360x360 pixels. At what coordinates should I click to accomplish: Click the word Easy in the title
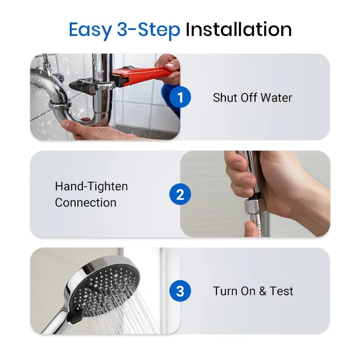[x=90, y=30]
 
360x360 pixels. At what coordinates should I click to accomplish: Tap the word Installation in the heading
[x=238, y=30]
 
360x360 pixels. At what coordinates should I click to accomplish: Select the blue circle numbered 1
[x=180, y=97]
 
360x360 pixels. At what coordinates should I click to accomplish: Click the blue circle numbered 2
[x=180, y=194]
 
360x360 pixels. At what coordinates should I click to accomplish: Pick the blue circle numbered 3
[x=180, y=291]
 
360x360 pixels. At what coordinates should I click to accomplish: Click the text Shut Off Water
[x=252, y=98]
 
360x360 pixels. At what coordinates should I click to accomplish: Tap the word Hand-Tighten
[x=91, y=186]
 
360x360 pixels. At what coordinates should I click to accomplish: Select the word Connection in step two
[x=85, y=202]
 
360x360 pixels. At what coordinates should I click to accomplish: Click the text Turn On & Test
[x=253, y=291]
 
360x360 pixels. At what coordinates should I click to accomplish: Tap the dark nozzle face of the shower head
[x=108, y=288]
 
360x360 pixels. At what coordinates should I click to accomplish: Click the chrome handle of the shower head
[x=54, y=324]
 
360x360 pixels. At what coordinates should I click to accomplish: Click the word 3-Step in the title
[x=148, y=30]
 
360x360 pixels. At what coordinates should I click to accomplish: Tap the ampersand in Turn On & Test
[x=263, y=291]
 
